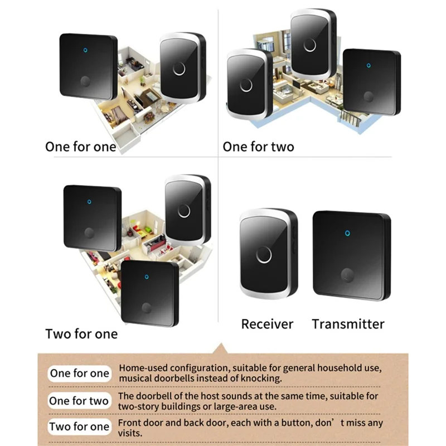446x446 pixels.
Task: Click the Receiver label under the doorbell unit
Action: pos(267,324)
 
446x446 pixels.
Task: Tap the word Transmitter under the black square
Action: pos(348,324)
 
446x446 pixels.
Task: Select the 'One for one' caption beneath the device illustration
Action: pos(81,147)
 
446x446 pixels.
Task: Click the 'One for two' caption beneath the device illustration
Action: pos(258,147)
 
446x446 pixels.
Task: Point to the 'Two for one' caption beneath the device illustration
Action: pos(81,334)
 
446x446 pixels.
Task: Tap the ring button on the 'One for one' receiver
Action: pos(179,69)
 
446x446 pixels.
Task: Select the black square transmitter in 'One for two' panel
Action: pos(371,82)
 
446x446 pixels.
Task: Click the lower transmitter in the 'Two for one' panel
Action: pos(149,293)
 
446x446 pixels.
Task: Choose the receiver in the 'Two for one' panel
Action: pos(186,210)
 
